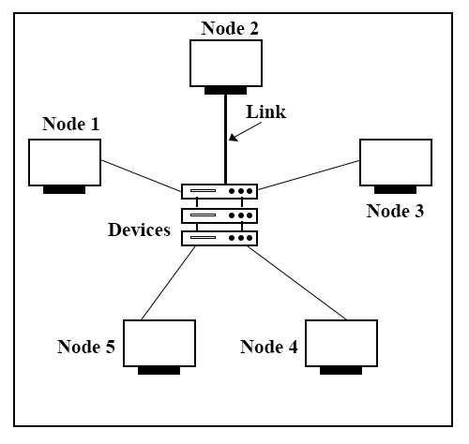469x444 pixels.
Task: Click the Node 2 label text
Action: tap(230, 28)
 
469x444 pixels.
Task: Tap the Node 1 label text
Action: tap(70, 124)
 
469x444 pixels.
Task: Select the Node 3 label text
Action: tap(395, 211)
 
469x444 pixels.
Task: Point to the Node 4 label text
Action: tap(269, 347)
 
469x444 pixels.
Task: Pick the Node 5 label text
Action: tap(86, 347)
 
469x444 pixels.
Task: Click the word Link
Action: tap(265, 111)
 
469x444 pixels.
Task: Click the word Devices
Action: tap(139, 229)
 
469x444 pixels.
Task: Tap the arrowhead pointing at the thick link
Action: tap(234, 137)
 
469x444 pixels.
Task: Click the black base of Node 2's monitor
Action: tap(225, 91)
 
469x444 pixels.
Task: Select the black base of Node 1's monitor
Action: tap(64, 190)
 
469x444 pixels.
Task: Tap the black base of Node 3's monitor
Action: tap(395, 190)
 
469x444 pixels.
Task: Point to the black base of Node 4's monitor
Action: tap(340, 371)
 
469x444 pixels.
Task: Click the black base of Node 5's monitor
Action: tap(159, 371)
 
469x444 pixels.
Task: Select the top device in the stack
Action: tap(219, 191)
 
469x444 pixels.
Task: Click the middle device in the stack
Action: tap(219, 215)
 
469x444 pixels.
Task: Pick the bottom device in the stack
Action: tap(219, 239)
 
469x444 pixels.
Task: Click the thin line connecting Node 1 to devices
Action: tap(142, 176)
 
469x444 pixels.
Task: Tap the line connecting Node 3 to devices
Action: tap(309, 175)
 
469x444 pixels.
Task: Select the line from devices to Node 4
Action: tap(296, 283)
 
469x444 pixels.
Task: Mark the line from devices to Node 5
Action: tap(168, 283)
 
